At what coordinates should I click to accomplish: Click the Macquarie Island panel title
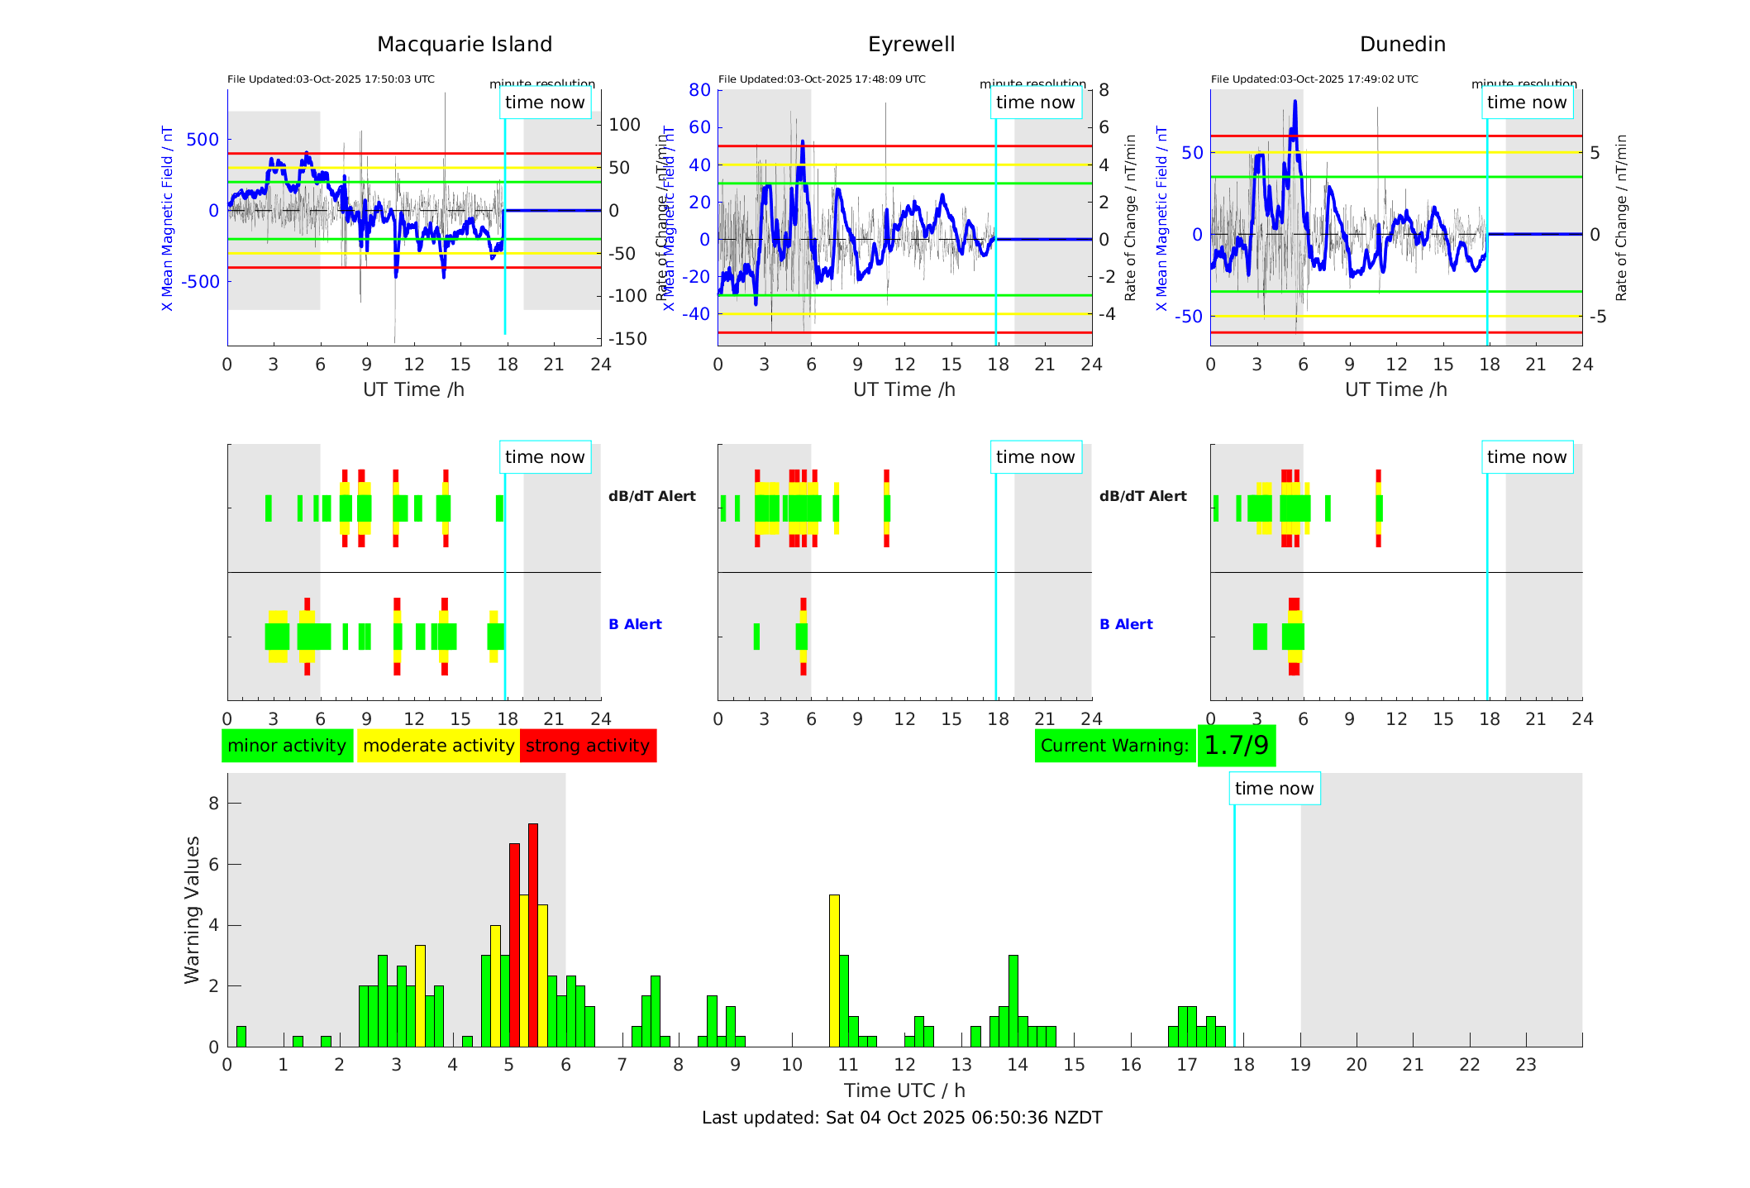coord(464,45)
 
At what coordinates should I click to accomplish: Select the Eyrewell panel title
coord(911,45)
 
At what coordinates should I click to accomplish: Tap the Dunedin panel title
coord(1402,45)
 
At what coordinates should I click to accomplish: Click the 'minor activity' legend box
coord(287,746)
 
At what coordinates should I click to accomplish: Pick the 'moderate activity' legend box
coord(438,746)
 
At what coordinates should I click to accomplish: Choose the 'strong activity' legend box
coord(588,746)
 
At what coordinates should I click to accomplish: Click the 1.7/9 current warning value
coord(1236,746)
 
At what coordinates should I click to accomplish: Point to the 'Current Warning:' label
coord(1114,746)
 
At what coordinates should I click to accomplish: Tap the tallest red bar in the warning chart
coord(533,934)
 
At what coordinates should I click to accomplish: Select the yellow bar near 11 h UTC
coord(834,971)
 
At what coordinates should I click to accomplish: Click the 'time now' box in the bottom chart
coord(1274,789)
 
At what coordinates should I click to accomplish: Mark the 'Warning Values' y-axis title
coord(193,909)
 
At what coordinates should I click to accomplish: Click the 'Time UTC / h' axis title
coord(904,1090)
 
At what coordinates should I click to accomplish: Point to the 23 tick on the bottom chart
coord(1526,1065)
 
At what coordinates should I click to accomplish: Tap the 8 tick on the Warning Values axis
coord(214,804)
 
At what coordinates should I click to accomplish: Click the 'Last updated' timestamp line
coord(902,1118)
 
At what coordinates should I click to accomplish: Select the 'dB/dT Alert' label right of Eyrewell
coord(1142,496)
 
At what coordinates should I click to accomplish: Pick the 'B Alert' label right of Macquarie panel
coord(635,624)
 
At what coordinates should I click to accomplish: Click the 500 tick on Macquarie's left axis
coord(203,140)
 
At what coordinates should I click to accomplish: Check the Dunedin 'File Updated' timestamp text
coord(1314,79)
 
